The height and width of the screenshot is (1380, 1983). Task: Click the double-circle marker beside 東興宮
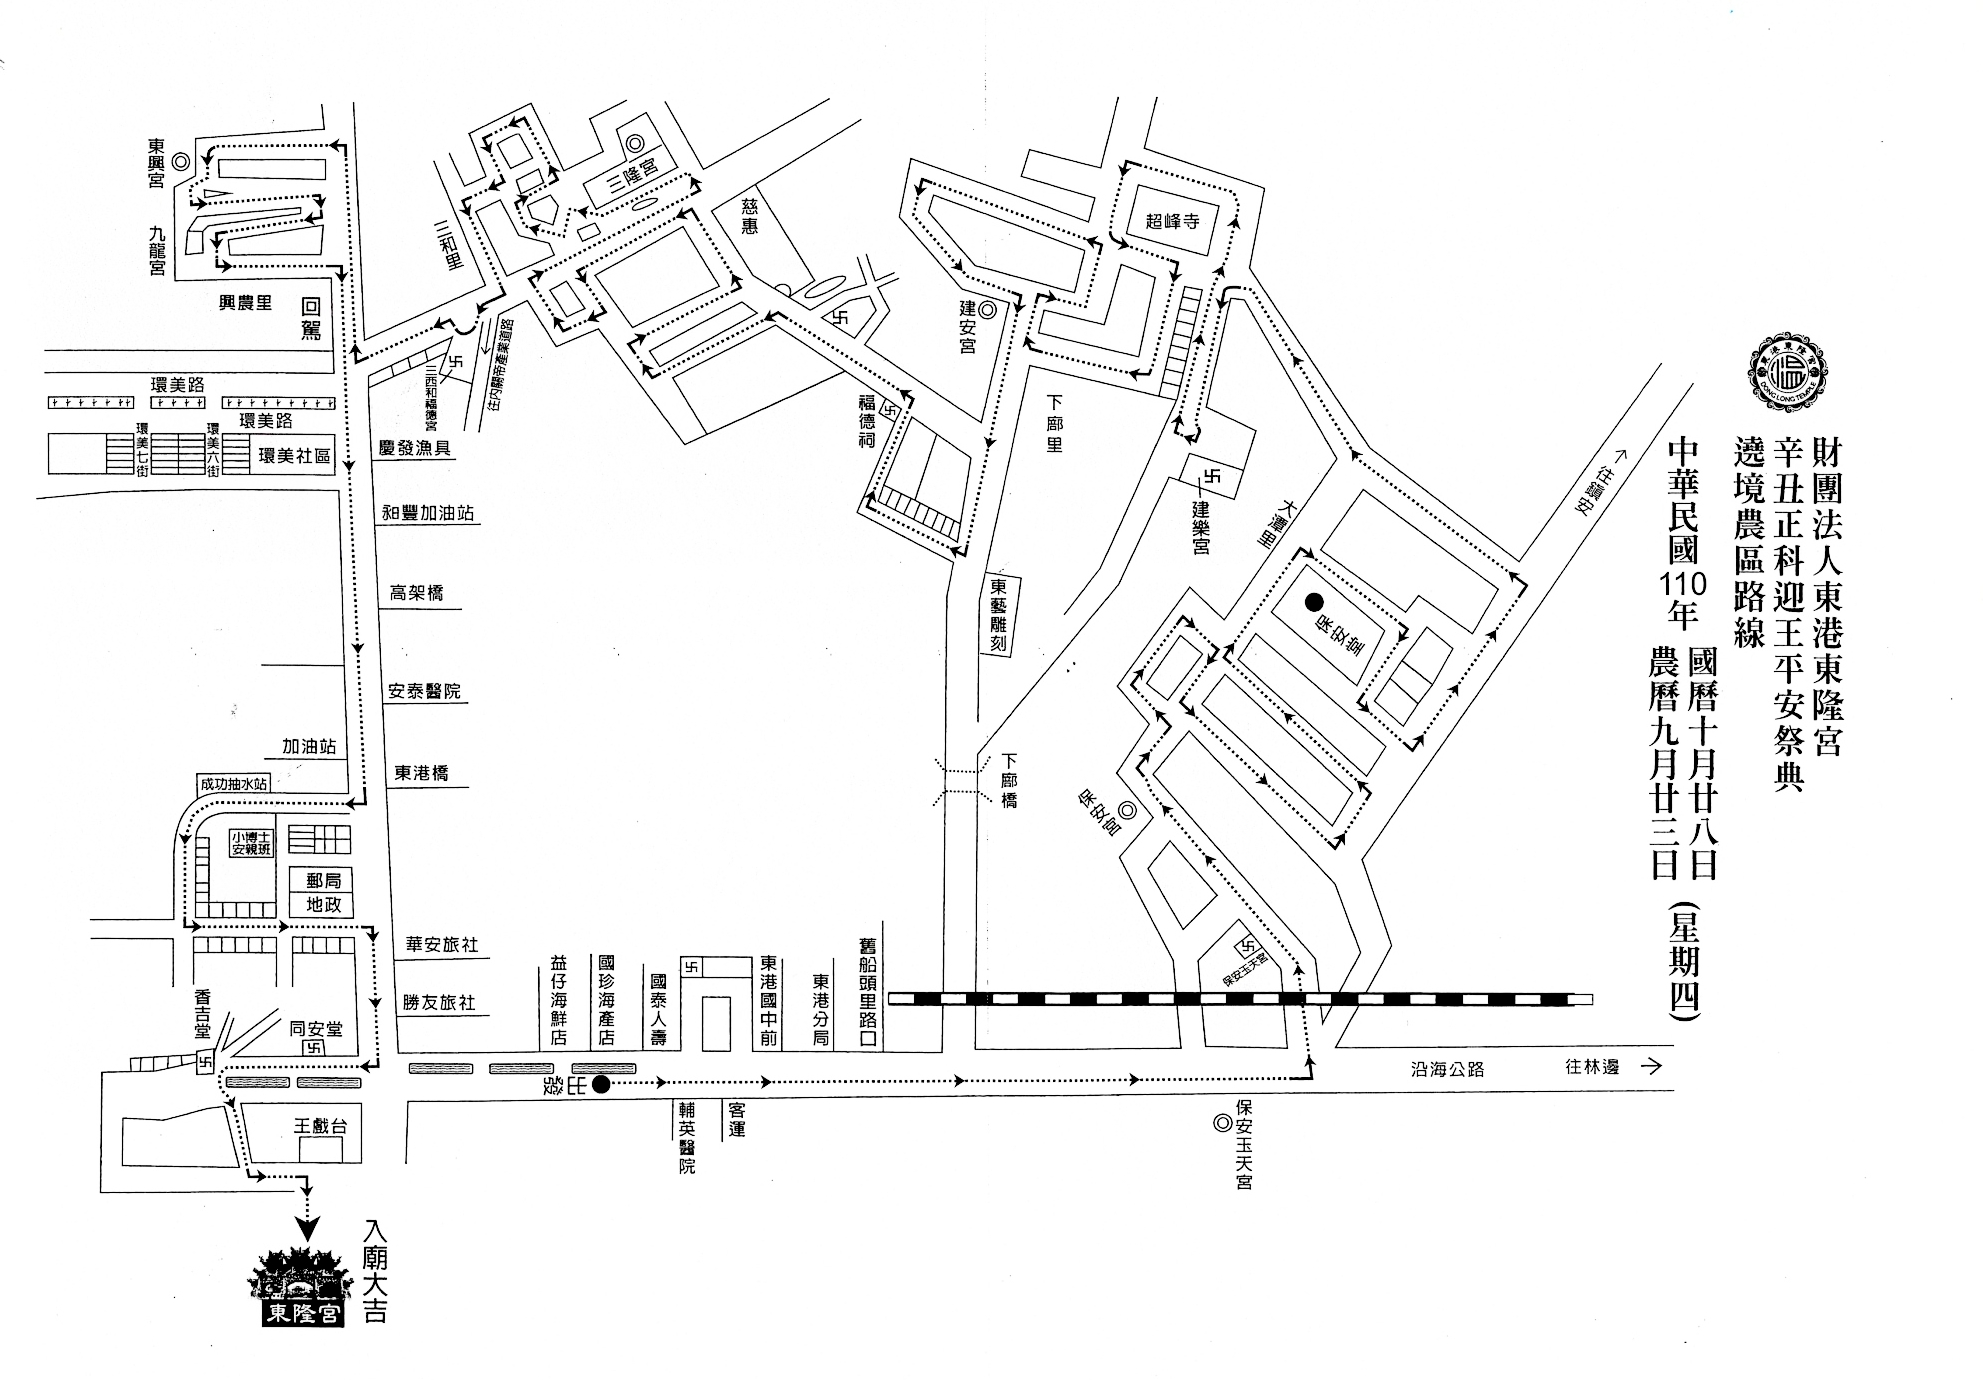(181, 160)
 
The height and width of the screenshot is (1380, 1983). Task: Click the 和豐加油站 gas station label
(427, 514)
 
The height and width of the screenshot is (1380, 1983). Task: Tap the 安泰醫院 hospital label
(425, 691)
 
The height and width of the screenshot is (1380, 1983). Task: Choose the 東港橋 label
(421, 773)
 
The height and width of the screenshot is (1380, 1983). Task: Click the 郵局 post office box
(323, 880)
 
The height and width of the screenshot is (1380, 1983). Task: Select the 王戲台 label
(320, 1126)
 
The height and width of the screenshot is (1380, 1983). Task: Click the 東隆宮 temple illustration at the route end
(301, 1287)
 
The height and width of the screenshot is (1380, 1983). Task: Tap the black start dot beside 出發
(601, 1085)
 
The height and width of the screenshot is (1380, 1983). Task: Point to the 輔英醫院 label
(687, 1137)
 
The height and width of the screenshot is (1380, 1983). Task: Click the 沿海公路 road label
(1447, 1069)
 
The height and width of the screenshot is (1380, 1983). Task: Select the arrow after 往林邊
(1651, 1067)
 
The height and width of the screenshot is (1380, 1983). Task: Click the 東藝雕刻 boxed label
(997, 615)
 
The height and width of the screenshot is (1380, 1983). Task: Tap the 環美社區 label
(294, 456)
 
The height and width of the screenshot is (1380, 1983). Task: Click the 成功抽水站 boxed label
(234, 784)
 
